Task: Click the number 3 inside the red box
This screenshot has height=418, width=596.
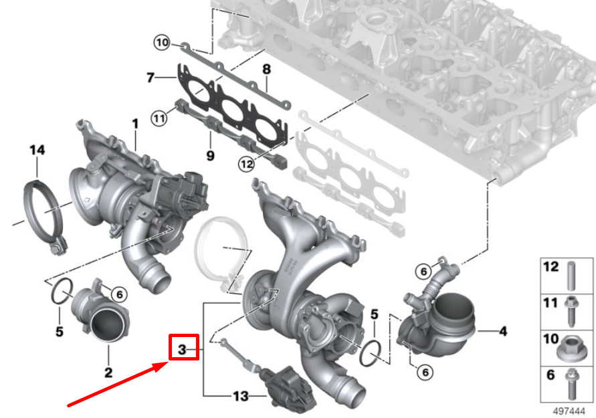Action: tap(182, 348)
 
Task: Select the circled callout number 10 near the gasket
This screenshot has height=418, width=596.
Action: tap(162, 43)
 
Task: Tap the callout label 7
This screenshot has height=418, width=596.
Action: tap(151, 78)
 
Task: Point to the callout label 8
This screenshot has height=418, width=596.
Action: tap(266, 69)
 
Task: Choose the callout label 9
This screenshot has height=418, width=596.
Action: tap(209, 156)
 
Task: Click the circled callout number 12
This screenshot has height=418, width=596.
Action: tap(245, 163)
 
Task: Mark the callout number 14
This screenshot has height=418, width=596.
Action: tap(37, 150)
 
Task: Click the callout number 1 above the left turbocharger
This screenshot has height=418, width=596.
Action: tap(134, 124)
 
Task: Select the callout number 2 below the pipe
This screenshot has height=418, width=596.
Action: tap(108, 372)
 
